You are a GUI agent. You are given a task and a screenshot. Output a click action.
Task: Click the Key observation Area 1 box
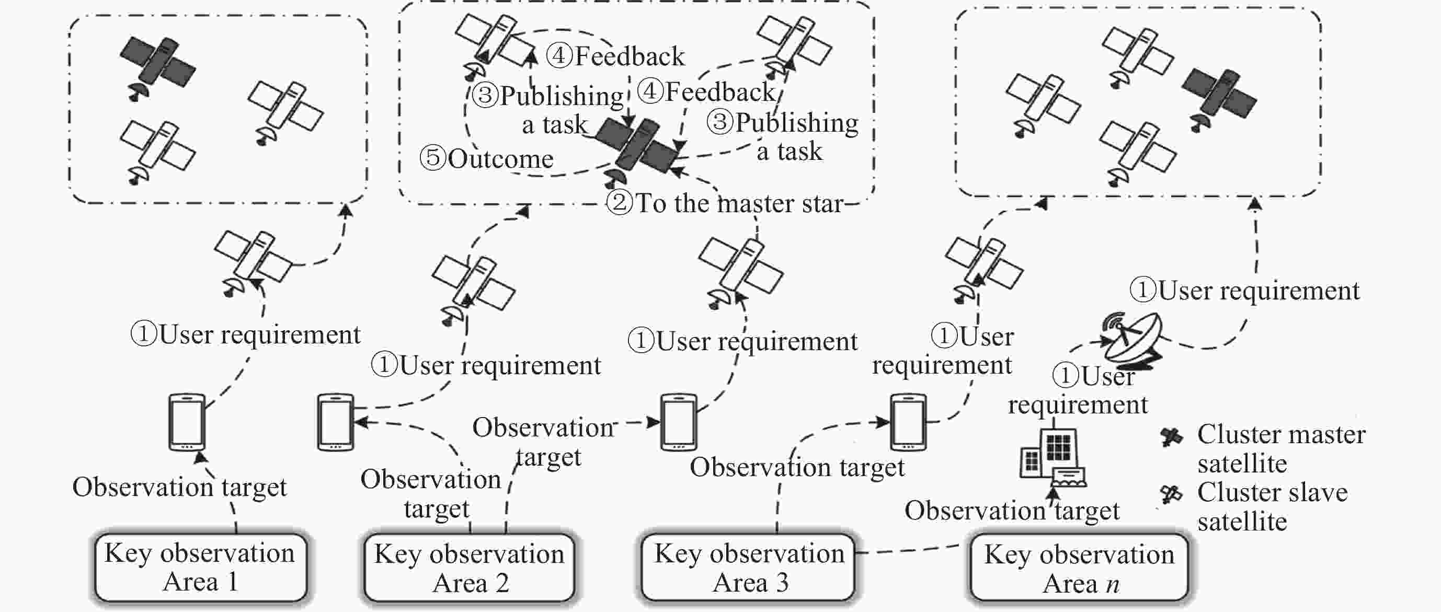point(201,567)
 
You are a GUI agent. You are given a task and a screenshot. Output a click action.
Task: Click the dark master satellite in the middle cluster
point(636,151)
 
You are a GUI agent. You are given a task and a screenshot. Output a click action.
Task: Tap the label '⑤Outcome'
point(487,159)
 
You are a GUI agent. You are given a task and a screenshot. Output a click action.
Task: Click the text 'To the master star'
point(739,203)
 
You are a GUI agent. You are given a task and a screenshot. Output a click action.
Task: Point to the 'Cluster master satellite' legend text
point(1281,449)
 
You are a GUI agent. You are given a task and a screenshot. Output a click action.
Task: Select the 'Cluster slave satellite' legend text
point(1272,507)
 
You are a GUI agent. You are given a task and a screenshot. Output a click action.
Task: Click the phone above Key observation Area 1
point(187,422)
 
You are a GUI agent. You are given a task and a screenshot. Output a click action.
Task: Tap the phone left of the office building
point(908,422)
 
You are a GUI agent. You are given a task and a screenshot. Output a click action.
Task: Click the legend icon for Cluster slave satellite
point(1171,494)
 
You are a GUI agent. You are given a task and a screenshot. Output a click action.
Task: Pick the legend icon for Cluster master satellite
point(1171,436)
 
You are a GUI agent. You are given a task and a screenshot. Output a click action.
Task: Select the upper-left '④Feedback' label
point(615,56)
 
